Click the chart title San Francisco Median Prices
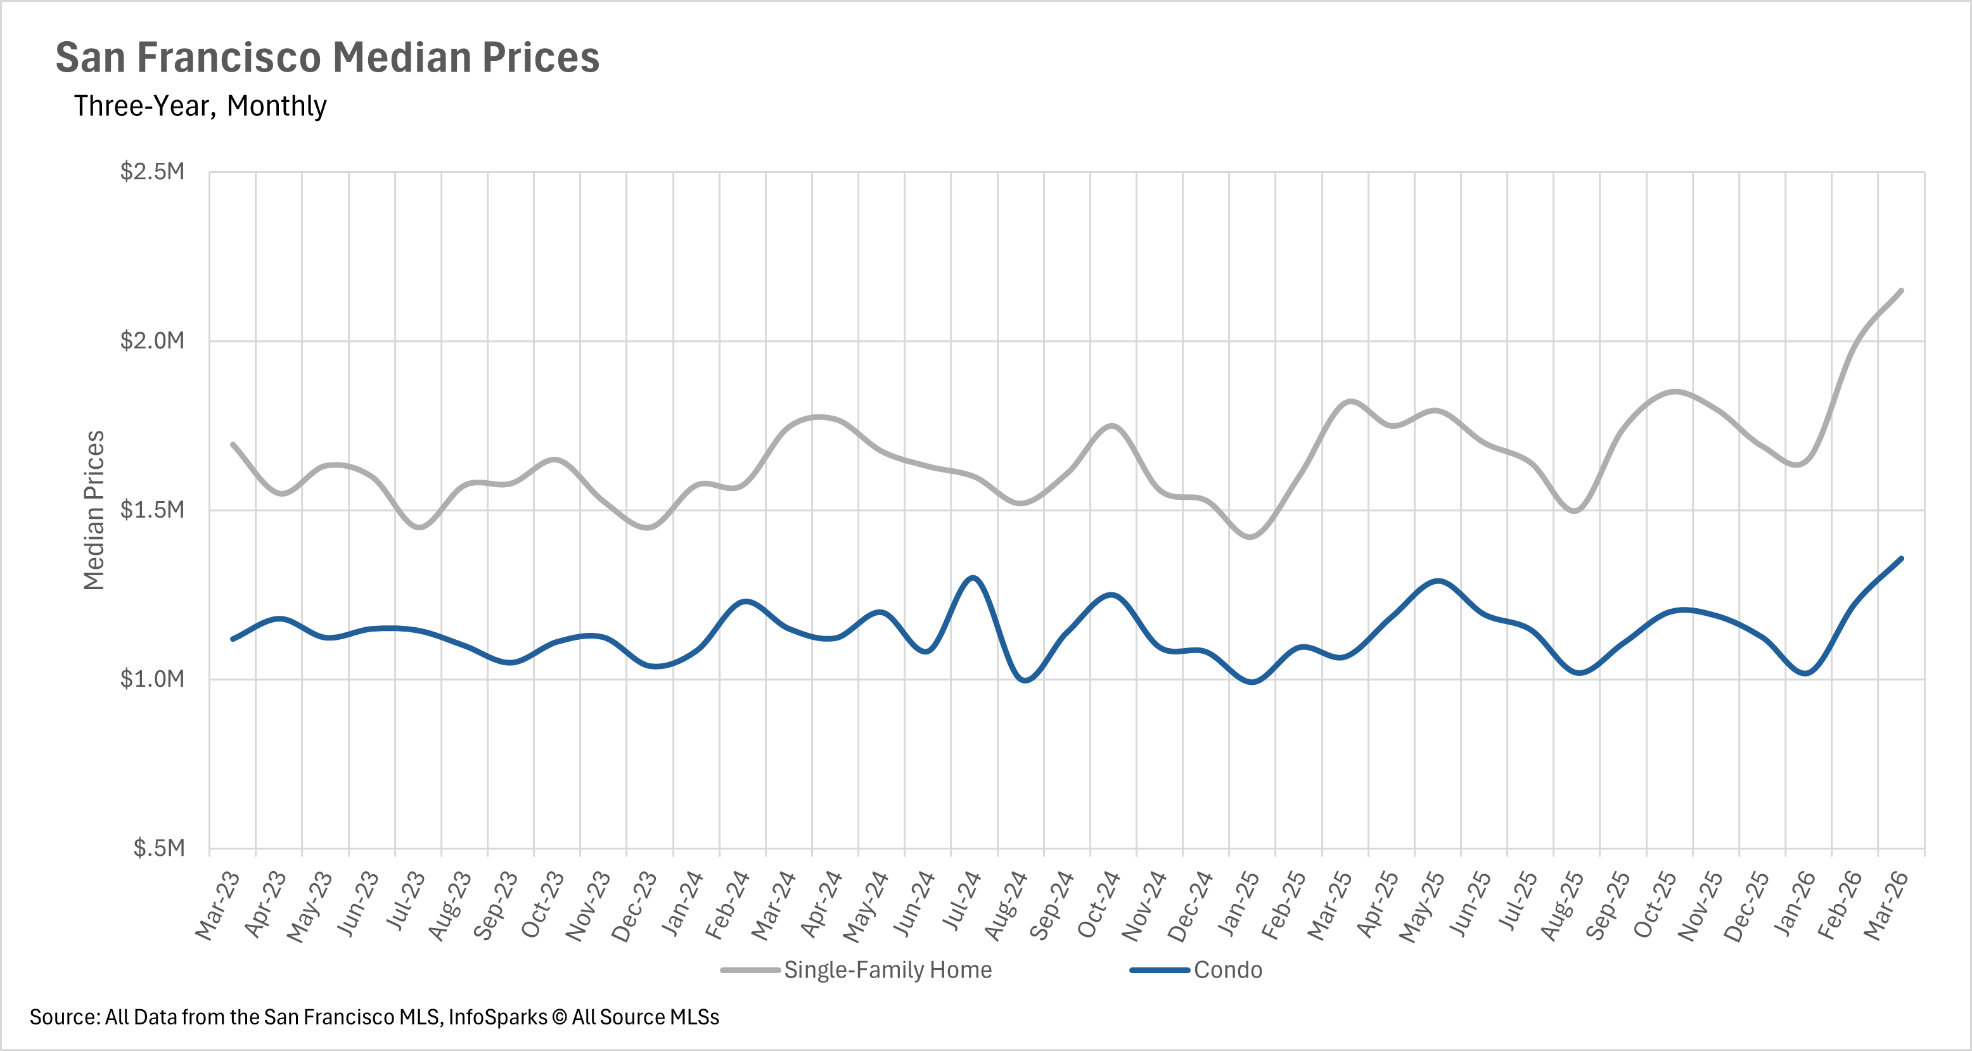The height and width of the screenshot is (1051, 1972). click(327, 58)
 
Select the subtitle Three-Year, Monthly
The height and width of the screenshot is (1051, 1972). click(200, 106)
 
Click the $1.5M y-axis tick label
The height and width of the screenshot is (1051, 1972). click(152, 509)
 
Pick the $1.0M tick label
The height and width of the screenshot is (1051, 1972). click(152, 678)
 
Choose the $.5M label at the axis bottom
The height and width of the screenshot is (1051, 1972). click(158, 848)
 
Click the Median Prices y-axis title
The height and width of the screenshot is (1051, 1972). click(93, 510)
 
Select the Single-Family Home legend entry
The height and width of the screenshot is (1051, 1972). click(887, 970)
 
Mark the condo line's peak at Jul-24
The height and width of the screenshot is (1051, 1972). click(973, 578)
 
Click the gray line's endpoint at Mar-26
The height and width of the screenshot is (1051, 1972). click(1901, 290)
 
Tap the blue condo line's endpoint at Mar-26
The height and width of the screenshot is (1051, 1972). click(1901, 559)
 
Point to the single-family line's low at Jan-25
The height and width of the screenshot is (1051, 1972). click(1251, 537)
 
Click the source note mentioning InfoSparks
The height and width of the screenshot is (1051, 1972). click(375, 1017)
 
